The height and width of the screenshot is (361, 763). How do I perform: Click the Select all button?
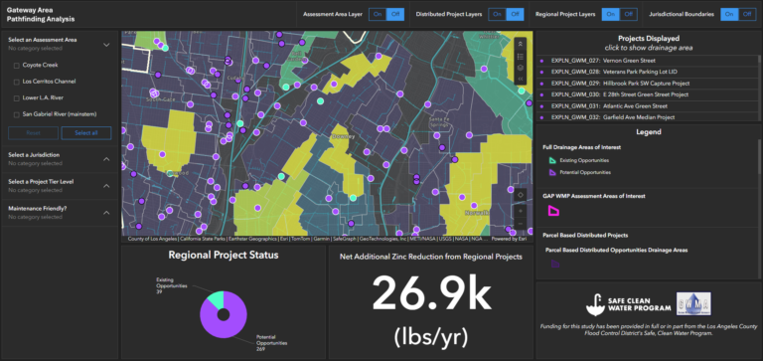tap(85, 131)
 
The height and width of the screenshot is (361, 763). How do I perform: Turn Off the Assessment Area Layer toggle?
tap(395, 14)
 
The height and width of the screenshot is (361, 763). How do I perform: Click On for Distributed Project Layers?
tap(496, 14)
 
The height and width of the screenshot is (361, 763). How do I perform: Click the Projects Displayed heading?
tap(648, 37)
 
